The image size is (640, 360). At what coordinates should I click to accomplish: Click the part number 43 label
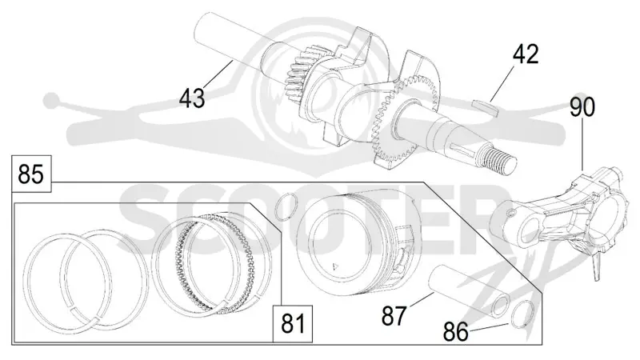pyautogui.click(x=192, y=98)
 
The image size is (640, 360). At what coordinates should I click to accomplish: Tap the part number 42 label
pyautogui.click(x=526, y=54)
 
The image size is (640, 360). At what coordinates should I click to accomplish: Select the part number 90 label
pyautogui.click(x=582, y=108)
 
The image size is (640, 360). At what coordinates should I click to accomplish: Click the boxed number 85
pyautogui.click(x=31, y=174)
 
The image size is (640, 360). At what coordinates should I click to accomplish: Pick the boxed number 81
pyautogui.click(x=294, y=324)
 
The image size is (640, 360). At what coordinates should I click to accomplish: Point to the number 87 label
pyautogui.click(x=394, y=316)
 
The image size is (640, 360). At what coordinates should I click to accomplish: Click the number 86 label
pyautogui.click(x=456, y=332)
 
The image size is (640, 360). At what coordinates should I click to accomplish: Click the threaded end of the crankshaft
pyautogui.click(x=498, y=159)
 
